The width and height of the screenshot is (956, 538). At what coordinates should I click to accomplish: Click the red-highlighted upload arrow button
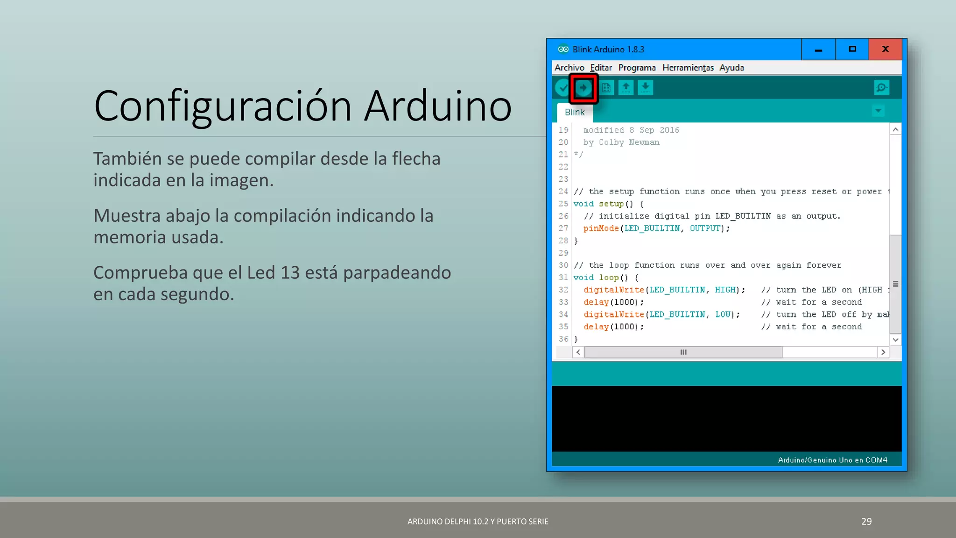pyautogui.click(x=583, y=88)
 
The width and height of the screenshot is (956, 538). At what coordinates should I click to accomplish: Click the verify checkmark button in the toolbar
pyautogui.click(x=563, y=88)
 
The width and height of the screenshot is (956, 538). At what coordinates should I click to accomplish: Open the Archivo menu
pyautogui.click(x=569, y=68)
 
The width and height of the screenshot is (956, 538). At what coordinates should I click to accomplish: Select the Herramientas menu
pyautogui.click(x=688, y=68)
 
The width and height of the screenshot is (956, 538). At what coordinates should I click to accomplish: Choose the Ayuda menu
pyautogui.click(x=731, y=68)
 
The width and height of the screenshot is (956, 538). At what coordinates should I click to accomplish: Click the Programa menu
pyautogui.click(x=637, y=68)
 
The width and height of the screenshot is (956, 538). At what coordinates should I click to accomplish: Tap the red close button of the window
pyautogui.click(x=885, y=49)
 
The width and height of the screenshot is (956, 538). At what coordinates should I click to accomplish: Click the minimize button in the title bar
pyautogui.click(x=818, y=49)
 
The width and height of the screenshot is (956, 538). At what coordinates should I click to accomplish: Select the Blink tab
pyautogui.click(x=574, y=113)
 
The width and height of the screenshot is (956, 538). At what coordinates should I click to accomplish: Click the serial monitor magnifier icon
pyautogui.click(x=881, y=88)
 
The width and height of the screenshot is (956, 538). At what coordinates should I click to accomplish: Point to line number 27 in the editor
pyautogui.click(x=563, y=228)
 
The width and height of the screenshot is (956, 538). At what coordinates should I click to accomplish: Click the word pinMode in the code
pyautogui.click(x=601, y=228)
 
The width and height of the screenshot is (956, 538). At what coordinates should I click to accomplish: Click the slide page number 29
pyautogui.click(x=866, y=522)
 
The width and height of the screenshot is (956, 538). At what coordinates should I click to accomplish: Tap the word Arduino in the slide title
pyautogui.click(x=438, y=106)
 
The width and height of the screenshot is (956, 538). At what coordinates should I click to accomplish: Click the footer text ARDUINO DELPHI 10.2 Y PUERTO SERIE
pyautogui.click(x=478, y=522)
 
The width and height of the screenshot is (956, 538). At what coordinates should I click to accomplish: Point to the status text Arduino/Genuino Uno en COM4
pyautogui.click(x=832, y=460)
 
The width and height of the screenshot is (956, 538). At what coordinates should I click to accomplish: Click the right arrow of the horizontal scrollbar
pyautogui.click(x=883, y=352)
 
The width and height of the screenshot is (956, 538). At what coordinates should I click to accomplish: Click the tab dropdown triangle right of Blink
pyautogui.click(x=878, y=111)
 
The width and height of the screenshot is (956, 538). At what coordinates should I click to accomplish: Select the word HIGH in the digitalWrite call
pyautogui.click(x=725, y=290)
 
